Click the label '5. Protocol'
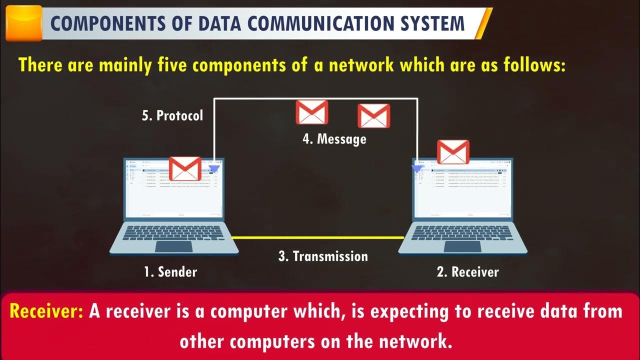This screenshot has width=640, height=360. click(172, 115)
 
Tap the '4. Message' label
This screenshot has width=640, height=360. click(334, 138)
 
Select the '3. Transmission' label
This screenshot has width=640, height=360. click(323, 256)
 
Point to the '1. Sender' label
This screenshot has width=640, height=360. click(170, 272)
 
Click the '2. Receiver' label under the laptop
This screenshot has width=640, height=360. click(467, 272)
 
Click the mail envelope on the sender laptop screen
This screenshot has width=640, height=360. click(185, 168)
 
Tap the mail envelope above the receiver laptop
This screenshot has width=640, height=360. click(453, 152)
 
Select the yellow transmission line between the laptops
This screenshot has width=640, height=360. click(318, 237)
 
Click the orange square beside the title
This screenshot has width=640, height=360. click(23, 23)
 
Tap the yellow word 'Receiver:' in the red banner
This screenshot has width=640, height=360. click(46, 311)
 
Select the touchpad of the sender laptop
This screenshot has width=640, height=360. click(173, 246)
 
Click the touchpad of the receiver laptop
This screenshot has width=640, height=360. click(462, 246)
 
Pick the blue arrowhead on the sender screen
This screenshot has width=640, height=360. click(214, 169)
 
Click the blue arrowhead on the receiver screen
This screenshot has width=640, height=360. click(417, 169)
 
